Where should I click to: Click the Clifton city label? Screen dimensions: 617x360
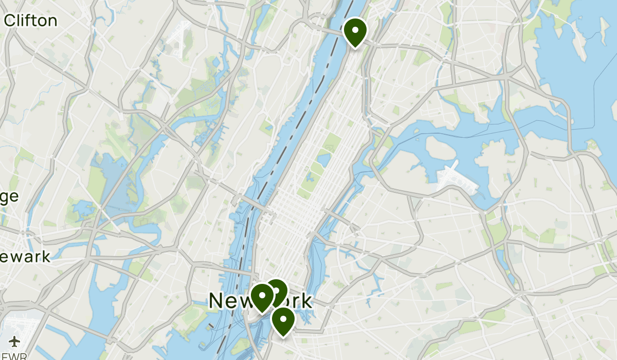(x=30, y=21)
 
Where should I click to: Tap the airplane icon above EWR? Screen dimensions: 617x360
(x=14, y=341)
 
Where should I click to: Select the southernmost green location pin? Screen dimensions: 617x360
(x=283, y=320)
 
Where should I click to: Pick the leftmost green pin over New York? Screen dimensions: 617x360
(x=262, y=298)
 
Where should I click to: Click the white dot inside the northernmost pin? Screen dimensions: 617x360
(x=355, y=28)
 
